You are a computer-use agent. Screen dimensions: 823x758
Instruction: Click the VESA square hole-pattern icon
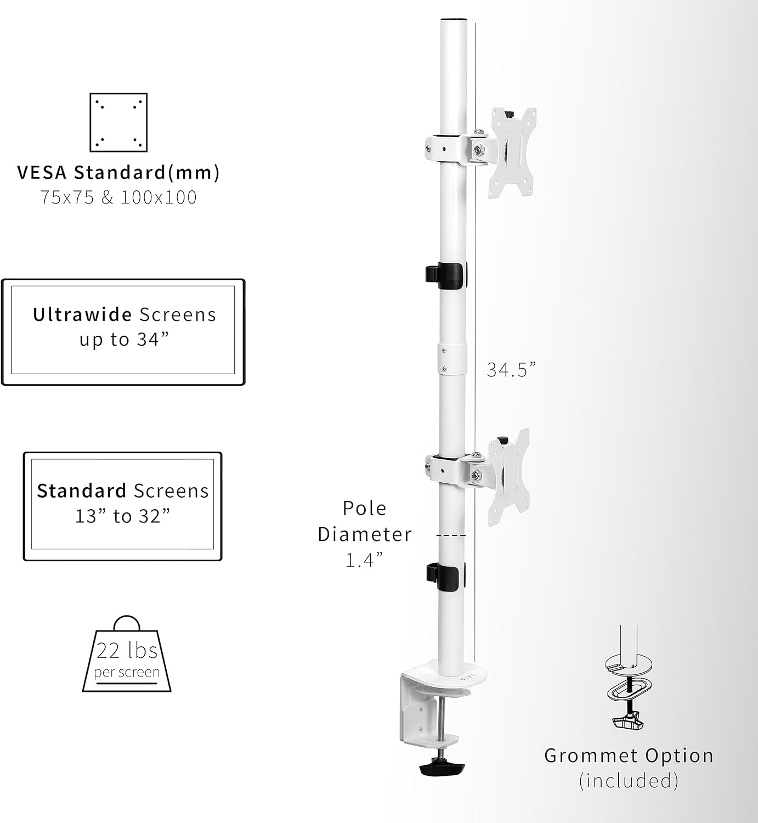118,122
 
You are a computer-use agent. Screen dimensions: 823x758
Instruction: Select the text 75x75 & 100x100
118,198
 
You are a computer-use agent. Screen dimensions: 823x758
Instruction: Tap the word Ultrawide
82,314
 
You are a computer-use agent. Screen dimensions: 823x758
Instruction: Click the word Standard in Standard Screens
82,491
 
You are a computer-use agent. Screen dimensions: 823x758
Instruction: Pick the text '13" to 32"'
123,516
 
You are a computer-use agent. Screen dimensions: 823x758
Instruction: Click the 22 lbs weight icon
127,655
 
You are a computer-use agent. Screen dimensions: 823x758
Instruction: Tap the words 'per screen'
127,672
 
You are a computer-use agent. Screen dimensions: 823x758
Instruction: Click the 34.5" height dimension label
511,370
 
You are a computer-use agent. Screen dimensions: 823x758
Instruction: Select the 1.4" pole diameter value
364,560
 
